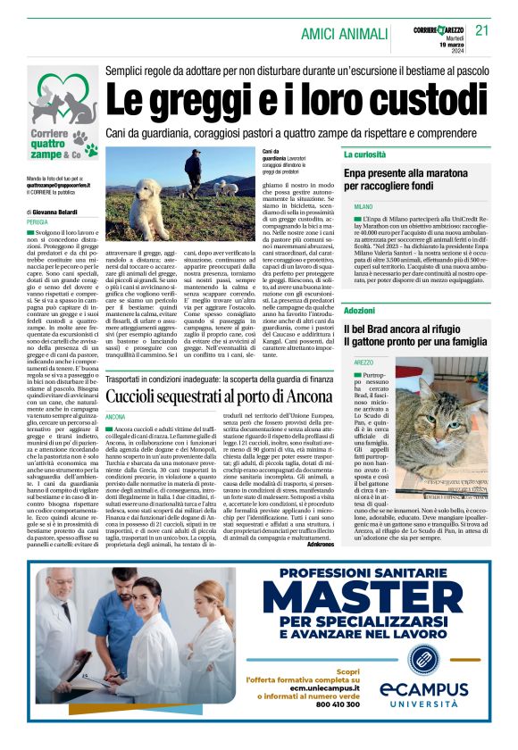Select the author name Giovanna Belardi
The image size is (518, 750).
coord(63,212)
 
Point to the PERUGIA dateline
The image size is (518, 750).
coord(38,221)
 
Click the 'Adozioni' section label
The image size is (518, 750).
coord(359,310)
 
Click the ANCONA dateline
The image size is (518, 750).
coord(116,416)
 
